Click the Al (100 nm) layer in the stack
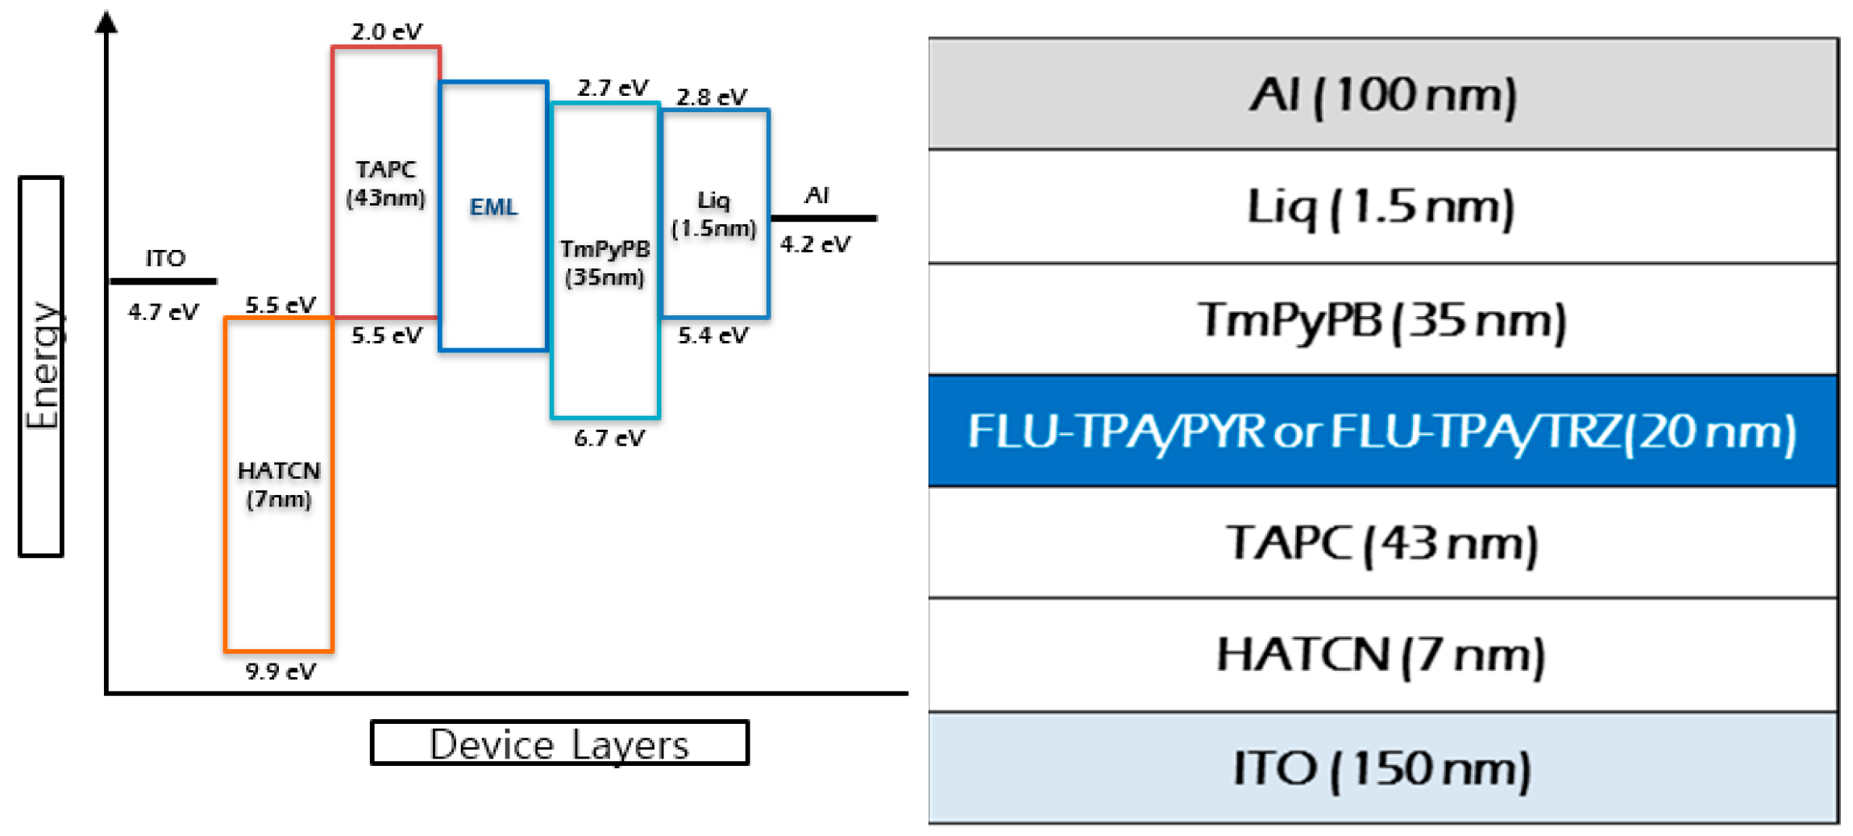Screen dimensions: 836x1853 [x=1382, y=94]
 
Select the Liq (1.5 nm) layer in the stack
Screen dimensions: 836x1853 [x=1382, y=206]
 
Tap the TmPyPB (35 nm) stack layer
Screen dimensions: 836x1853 [x=1382, y=319]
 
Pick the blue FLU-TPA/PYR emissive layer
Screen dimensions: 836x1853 [x=1382, y=431]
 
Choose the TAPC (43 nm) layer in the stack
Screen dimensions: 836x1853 [x=1382, y=543]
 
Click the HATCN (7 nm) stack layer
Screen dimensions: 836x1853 [x=1382, y=654]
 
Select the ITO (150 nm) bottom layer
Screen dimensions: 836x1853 [x=1382, y=767]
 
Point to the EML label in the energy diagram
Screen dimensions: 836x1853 [x=493, y=207]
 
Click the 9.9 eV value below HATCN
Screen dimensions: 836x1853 [x=280, y=672]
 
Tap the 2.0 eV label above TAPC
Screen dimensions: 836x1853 [x=386, y=32]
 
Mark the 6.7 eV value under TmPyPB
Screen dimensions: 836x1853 [x=609, y=439]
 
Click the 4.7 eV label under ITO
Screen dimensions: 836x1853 [x=163, y=312]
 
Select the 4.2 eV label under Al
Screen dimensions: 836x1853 [x=815, y=244]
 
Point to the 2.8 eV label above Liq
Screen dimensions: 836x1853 [x=712, y=98]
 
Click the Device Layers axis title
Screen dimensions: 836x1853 [x=559, y=743]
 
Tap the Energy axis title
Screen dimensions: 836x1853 [x=41, y=366]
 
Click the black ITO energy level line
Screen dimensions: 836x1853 [x=163, y=281]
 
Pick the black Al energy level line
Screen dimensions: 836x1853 [x=824, y=218]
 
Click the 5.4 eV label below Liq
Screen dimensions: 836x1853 [x=713, y=335]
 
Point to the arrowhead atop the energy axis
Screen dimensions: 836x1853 [x=106, y=22]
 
